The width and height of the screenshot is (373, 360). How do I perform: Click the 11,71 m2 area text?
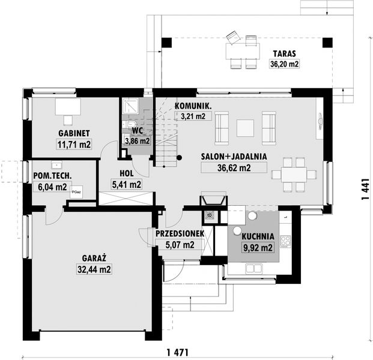74,144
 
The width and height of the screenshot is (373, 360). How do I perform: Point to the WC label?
137,130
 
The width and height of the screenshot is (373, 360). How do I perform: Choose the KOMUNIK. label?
193,106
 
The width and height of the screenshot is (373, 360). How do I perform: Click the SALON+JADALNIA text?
234,157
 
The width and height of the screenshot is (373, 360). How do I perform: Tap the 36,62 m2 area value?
234,168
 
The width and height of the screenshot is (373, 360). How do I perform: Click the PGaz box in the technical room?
76,193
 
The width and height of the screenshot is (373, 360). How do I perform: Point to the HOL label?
126,174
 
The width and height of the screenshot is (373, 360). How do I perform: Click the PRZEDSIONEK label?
179,233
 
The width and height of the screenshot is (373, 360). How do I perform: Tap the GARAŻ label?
94,259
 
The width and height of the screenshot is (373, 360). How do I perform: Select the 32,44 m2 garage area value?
94,270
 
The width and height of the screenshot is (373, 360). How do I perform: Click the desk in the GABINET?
67,106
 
